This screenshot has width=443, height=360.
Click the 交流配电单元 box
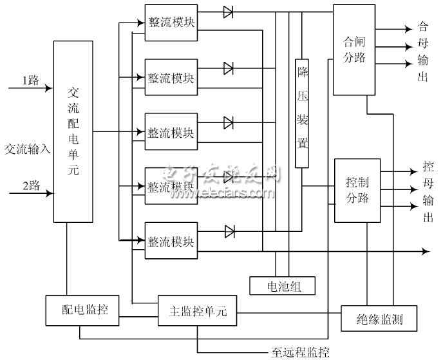(x=73, y=132)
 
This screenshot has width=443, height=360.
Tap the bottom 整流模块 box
(x=171, y=241)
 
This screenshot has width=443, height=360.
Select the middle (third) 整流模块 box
(x=171, y=132)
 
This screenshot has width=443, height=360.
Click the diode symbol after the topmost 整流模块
(x=229, y=11)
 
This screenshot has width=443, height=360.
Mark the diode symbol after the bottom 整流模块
(x=229, y=231)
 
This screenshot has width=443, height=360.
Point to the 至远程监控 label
(x=299, y=352)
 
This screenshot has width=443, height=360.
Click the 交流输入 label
(x=27, y=149)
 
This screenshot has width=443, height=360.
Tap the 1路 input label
(x=31, y=81)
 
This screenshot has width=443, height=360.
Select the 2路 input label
(x=31, y=185)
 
